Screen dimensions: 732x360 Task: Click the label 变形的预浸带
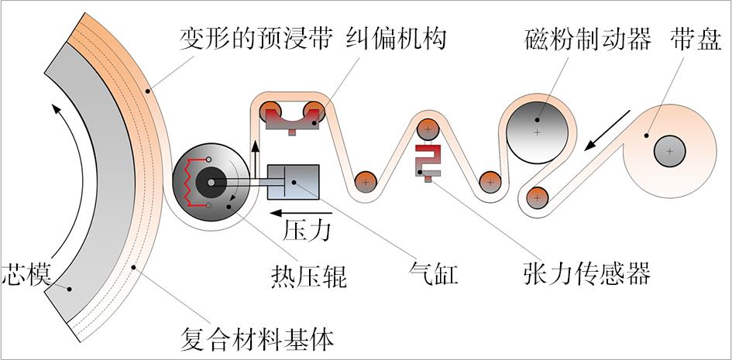pyautogui.click(x=256, y=39)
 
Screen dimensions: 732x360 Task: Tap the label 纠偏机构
pyautogui.click(x=396, y=39)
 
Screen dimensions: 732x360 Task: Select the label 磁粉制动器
pyautogui.click(x=587, y=39)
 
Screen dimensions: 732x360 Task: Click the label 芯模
pyautogui.click(x=26, y=274)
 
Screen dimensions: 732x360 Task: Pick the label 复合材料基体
pyautogui.click(x=256, y=339)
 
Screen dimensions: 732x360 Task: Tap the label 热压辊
pyautogui.click(x=308, y=277)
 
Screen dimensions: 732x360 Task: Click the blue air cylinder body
pyautogui.click(x=293, y=182)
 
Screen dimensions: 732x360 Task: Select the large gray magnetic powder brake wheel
pyautogui.click(x=537, y=132)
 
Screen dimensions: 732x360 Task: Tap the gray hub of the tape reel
pyautogui.click(x=669, y=151)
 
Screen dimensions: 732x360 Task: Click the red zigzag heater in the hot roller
pyautogui.click(x=194, y=182)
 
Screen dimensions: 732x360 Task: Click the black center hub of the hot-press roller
pyautogui.click(x=211, y=183)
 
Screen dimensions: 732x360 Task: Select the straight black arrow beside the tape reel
pyautogui.click(x=607, y=131)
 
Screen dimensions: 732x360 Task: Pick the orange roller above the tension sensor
pyautogui.click(x=428, y=129)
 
